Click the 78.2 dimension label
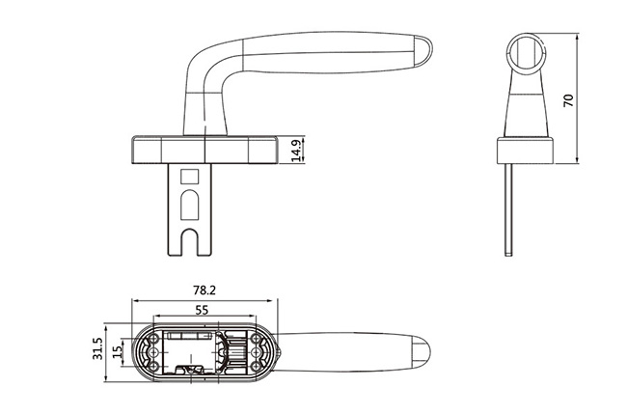204,290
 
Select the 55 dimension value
202,310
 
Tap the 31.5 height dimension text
98,348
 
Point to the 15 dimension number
117,351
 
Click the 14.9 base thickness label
296,151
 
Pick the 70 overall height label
568,100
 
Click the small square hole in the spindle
189,177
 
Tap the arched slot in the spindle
189,206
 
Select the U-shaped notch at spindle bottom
189,241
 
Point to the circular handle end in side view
525,53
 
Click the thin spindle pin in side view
508,209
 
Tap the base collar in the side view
525,151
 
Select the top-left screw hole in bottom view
153,340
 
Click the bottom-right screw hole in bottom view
256,366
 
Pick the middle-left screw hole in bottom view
153,352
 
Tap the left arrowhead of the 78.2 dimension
135,300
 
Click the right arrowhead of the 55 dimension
252,317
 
